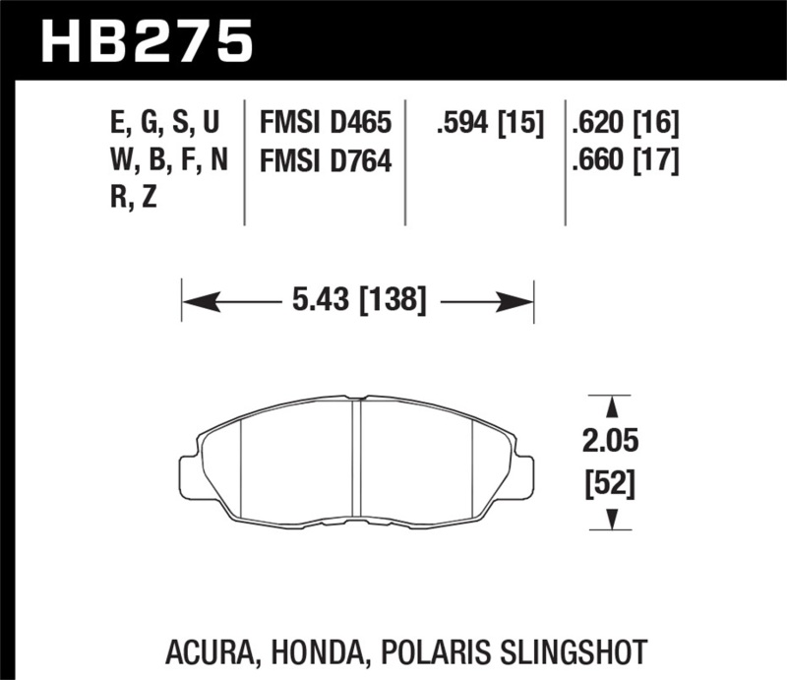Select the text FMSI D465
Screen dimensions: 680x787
[x=325, y=124]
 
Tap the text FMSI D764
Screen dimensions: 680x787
[x=325, y=159]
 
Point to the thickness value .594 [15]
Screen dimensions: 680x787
[x=489, y=124]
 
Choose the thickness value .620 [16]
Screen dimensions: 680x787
[x=625, y=124]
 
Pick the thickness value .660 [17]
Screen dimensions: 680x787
[x=625, y=159]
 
